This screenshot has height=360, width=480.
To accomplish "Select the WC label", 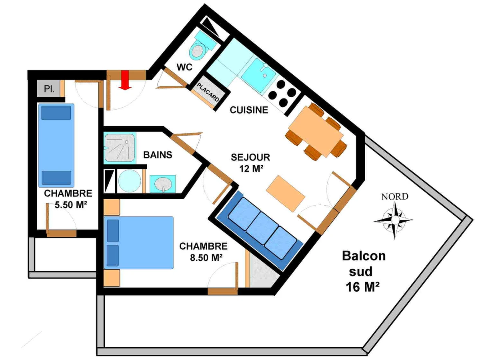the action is [184, 67].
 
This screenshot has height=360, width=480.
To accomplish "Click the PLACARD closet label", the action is [208, 92].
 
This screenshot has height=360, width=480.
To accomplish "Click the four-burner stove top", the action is [282, 93].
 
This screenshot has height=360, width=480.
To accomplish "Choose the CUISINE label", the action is [249, 110].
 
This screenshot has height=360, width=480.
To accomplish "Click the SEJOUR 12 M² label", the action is [251, 163].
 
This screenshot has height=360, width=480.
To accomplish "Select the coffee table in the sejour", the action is [285, 194].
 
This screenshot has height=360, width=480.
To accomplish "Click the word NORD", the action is [395, 197].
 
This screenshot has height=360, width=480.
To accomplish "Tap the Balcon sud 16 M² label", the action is [363, 272].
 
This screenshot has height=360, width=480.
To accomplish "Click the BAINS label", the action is [158, 155].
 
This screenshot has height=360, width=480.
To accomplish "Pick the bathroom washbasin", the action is [163, 184].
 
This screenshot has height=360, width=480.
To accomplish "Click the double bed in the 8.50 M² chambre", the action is [139, 243].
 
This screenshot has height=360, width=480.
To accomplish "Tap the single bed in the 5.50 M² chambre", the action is [56, 145].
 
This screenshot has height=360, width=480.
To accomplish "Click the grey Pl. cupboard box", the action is [48, 88].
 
